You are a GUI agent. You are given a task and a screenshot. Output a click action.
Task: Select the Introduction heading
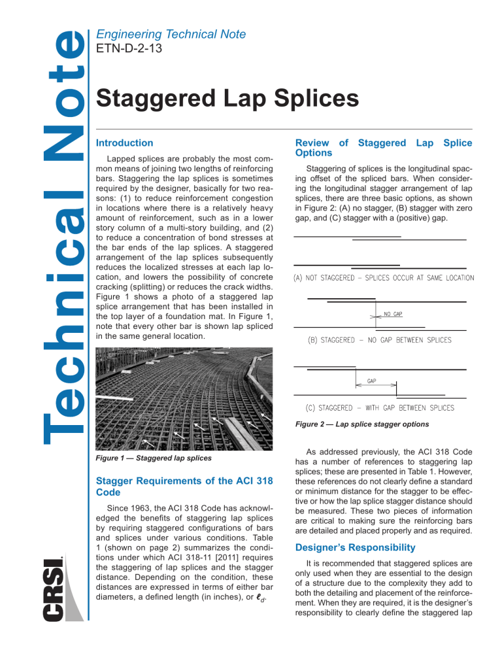pos(124,143)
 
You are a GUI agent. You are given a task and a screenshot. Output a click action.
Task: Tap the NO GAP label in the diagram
pos(393,314)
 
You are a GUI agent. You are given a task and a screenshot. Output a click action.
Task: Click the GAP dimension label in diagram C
pos(371,380)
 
